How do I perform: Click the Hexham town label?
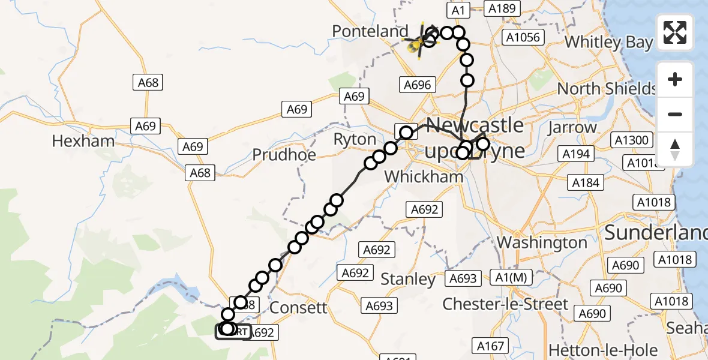(x=83, y=142)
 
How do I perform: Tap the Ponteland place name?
(x=370, y=31)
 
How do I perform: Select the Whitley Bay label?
(x=608, y=42)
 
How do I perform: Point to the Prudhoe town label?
(x=284, y=155)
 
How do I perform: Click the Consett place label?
(x=299, y=308)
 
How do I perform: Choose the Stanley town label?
(x=408, y=279)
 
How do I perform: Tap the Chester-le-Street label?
(x=505, y=304)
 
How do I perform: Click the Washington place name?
(x=542, y=243)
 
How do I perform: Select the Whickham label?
(x=424, y=176)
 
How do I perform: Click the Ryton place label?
(x=354, y=140)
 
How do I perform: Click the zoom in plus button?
(x=675, y=79)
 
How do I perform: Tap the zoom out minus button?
(x=675, y=114)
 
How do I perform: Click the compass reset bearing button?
(x=675, y=149)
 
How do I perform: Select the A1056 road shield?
(x=523, y=37)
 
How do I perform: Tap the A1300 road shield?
(x=632, y=140)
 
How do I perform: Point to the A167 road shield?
(x=490, y=346)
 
